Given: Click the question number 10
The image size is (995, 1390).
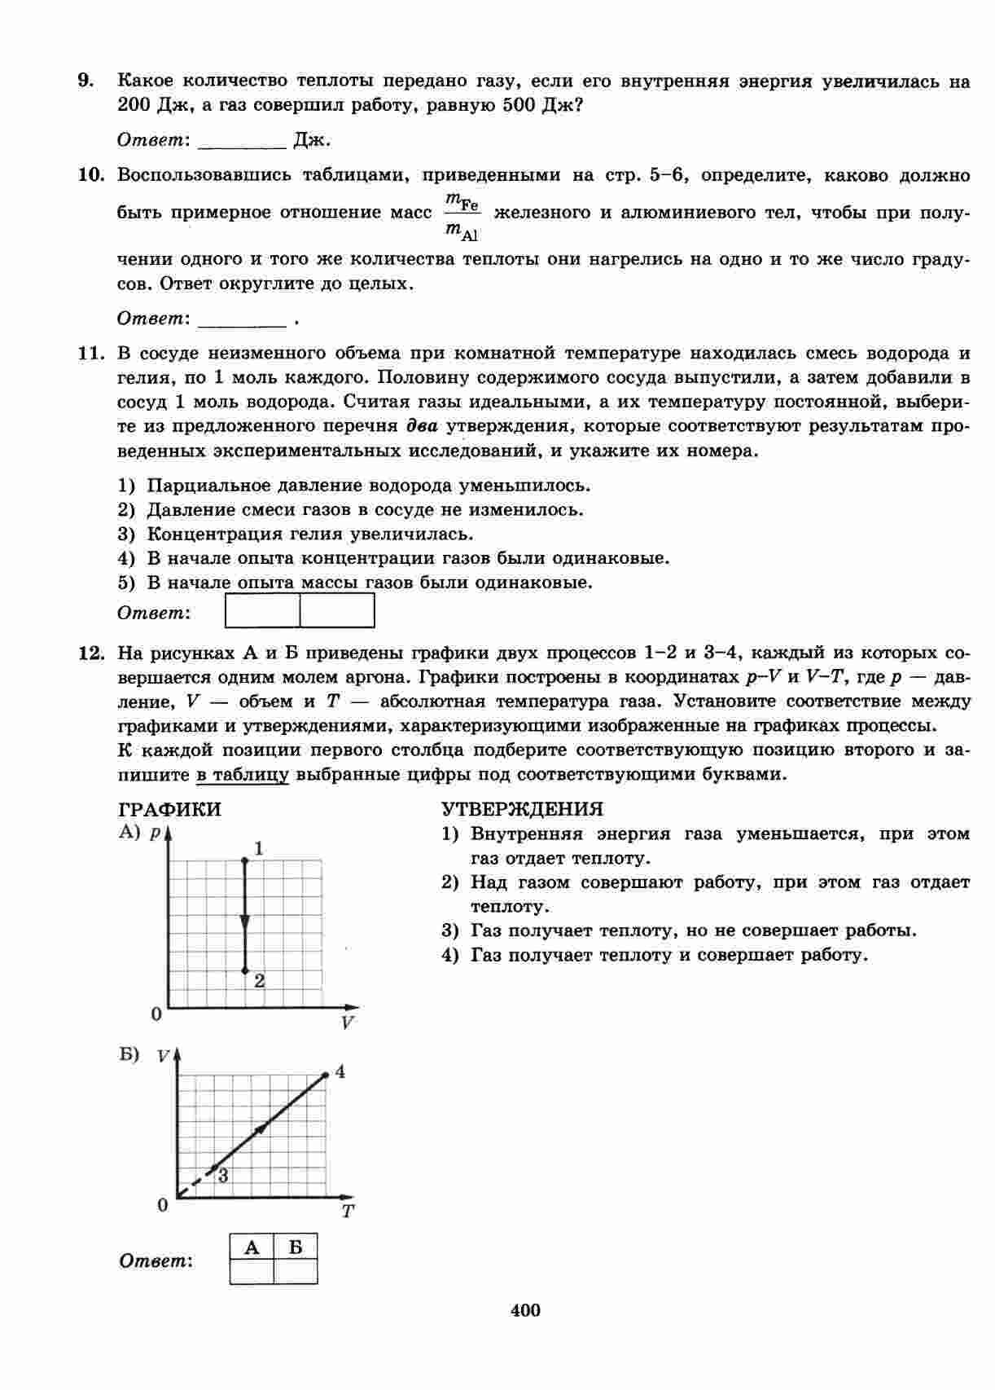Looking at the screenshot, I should coord(90,174).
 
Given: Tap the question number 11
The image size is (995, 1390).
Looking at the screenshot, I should coord(90,353).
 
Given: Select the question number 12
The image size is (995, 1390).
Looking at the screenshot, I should coord(90,653).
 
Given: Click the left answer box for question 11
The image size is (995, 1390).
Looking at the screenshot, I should coord(262,610).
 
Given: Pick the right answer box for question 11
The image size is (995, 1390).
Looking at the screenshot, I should coord(337,610).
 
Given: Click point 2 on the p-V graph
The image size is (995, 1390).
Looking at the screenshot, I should coord(244,970).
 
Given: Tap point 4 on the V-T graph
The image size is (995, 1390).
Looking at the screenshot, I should coord(326,1075).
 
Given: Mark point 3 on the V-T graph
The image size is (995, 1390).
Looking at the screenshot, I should coord(213,1170).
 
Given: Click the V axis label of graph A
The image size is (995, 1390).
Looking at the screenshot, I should coord(348,1023).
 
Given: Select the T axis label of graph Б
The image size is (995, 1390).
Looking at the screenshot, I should coord(348,1211).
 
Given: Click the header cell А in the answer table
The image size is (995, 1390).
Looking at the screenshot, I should coord(252,1247).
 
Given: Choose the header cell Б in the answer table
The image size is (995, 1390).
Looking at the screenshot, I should coord(295,1247).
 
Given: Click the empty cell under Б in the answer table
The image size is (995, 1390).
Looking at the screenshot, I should coord(295,1272).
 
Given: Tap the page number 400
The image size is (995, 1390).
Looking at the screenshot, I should coord(525,1311).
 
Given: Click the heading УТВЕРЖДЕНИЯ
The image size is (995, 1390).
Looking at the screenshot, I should coord(522,809).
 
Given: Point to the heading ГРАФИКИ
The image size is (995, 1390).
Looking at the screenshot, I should coord(169,809).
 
